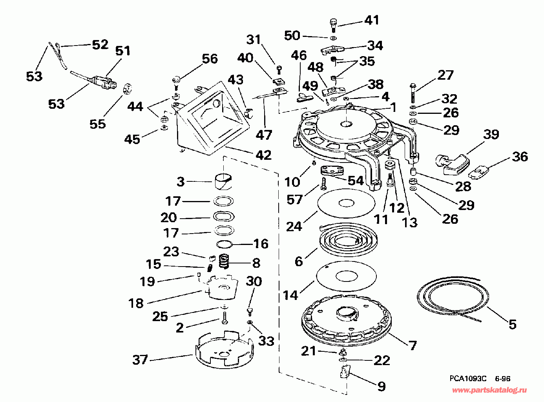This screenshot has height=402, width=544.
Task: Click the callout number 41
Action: [x=371, y=20]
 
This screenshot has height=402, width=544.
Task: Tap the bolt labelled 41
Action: [x=333, y=25]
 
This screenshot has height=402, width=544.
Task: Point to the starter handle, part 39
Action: [x=453, y=164]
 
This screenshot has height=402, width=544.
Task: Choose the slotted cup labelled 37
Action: [x=225, y=349]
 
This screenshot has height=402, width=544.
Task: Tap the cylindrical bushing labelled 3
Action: [x=223, y=182]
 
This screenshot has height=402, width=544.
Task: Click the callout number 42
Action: [x=263, y=155]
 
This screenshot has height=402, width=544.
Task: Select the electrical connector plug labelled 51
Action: [x=104, y=82]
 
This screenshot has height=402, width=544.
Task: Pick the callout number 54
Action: [x=356, y=181]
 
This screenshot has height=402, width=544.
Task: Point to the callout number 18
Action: [x=136, y=303]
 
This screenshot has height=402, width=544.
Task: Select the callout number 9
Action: [x=382, y=386]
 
